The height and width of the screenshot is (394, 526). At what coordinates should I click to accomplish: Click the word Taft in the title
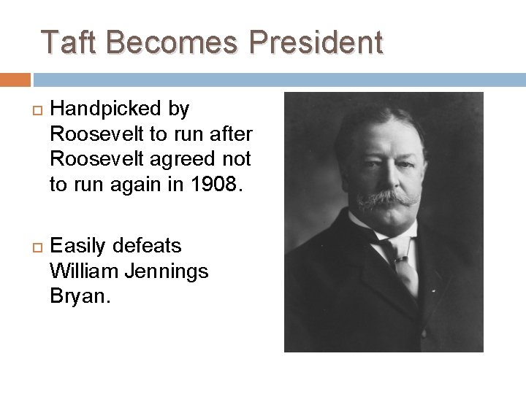click(69, 42)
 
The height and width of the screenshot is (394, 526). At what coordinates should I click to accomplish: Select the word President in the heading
click(316, 42)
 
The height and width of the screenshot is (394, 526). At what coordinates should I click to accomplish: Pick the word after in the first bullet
click(231, 134)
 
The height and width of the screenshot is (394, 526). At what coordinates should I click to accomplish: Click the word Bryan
click(79, 297)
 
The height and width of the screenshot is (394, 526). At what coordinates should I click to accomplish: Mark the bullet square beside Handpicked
click(29, 110)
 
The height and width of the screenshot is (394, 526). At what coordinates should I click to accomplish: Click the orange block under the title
click(15, 80)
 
